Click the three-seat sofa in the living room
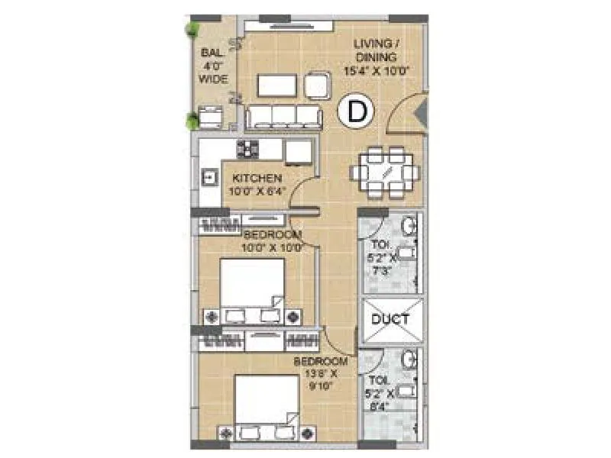pyautogui.click(x=284, y=117)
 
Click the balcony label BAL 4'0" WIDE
pyautogui.click(x=213, y=66)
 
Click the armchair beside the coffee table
pyautogui.click(x=318, y=85)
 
